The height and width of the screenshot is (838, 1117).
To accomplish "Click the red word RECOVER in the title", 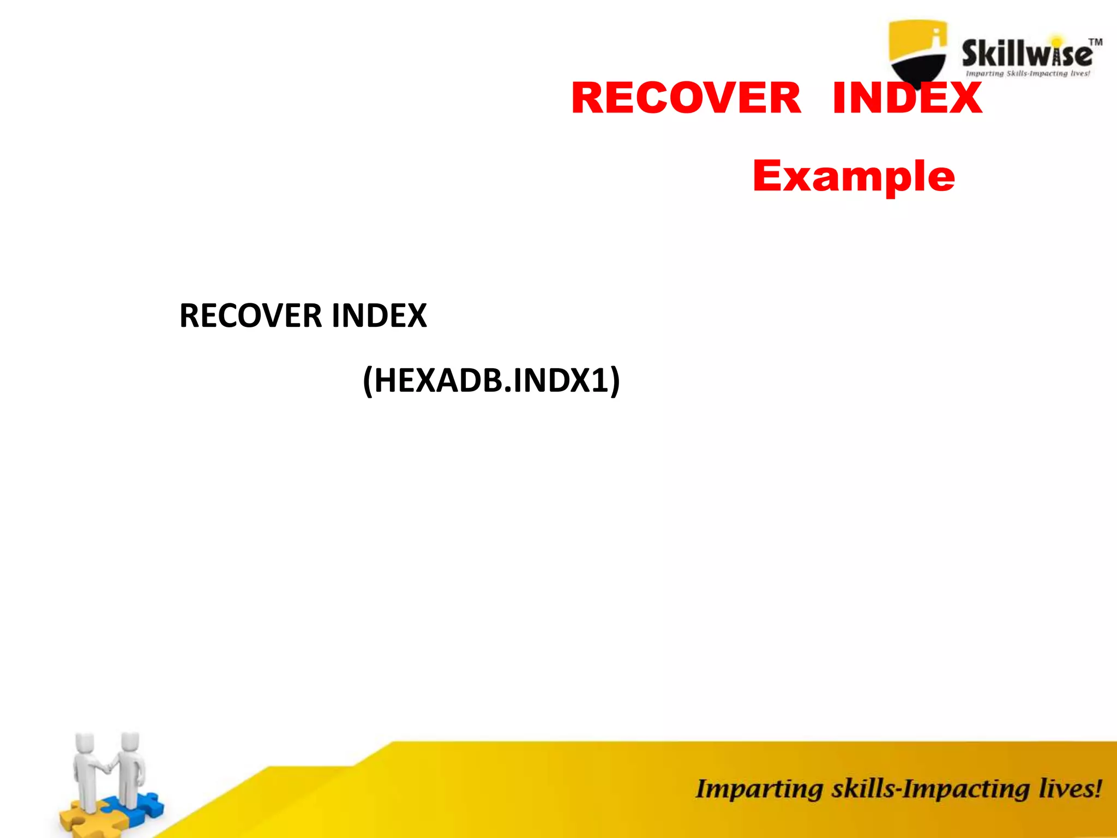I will pos(686,98).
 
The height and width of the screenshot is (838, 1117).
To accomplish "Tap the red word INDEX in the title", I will pos(907,98).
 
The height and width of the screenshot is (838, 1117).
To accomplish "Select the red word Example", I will pos(854,176).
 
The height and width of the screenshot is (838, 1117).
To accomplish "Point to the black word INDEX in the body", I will pos(379,316).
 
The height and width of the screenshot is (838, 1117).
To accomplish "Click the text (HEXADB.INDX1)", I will pos(491,380).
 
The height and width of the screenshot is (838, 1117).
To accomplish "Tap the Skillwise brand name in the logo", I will pos(1027,55).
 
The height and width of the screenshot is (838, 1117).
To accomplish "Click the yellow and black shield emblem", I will pos(918,52).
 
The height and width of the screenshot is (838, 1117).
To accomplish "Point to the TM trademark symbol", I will pos(1096,42).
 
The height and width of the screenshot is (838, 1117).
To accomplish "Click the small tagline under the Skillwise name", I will pos(1028,74).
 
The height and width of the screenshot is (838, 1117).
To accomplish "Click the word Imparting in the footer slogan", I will pos(759,789).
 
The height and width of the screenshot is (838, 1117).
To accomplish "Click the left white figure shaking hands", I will pos(87,769).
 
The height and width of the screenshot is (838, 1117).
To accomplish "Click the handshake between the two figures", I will pos(109,768).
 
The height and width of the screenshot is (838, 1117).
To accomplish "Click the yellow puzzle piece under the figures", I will pos(76,818).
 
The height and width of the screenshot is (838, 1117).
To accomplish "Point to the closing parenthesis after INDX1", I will pos(615,381).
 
